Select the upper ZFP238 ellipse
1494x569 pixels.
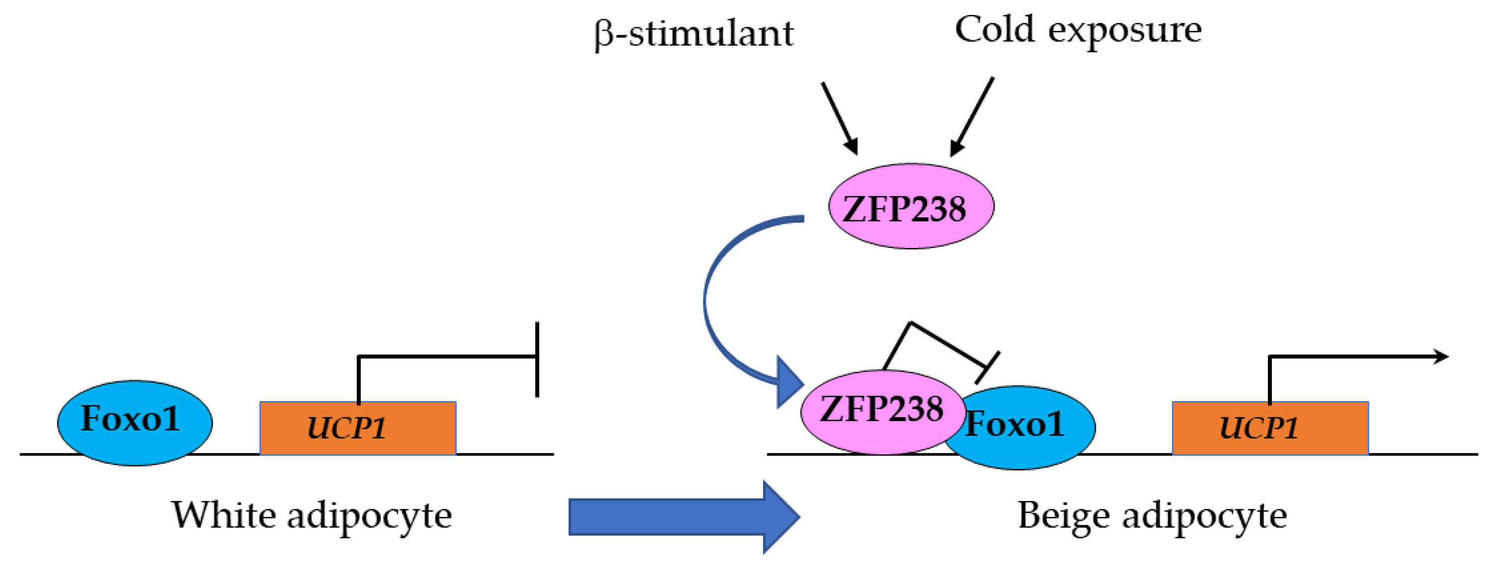pyautogui.click(x=911, y=207)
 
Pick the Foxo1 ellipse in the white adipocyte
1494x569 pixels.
pyautogui.click(x=135, y=422)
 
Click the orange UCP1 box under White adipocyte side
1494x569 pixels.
pyautogui.click(x=357, y=428)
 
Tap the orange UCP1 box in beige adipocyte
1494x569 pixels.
pyautogui.click(x=1270, y=428)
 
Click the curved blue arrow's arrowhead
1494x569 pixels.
pyautogui.click(x=789, y=383)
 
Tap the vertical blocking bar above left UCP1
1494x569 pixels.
pyautogui.click(x=537, y=360)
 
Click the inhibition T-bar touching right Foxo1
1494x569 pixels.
pyautogui.click(x=987, y=367)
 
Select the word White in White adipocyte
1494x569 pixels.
pyautogui.click(x=223, y=514)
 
